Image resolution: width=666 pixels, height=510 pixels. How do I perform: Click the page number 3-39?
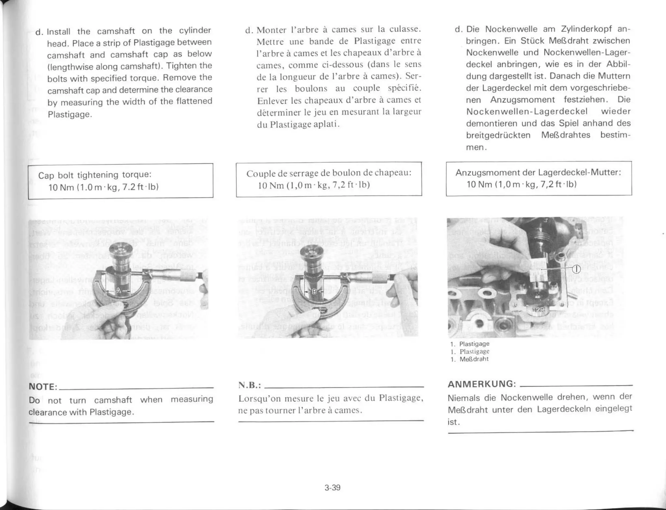(332, 488)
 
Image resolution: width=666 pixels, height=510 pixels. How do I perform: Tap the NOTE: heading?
(43, 387)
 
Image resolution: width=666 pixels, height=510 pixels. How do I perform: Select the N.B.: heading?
(249, 386)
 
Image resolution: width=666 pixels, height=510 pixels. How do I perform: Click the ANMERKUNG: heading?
(482, 384)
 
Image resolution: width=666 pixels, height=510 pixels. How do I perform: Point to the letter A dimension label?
(118, 290)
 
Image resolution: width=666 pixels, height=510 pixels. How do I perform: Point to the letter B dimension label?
(314, 292)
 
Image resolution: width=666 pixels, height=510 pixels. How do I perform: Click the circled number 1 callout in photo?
(576, 269)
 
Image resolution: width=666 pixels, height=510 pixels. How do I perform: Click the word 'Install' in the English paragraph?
(59, 32)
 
